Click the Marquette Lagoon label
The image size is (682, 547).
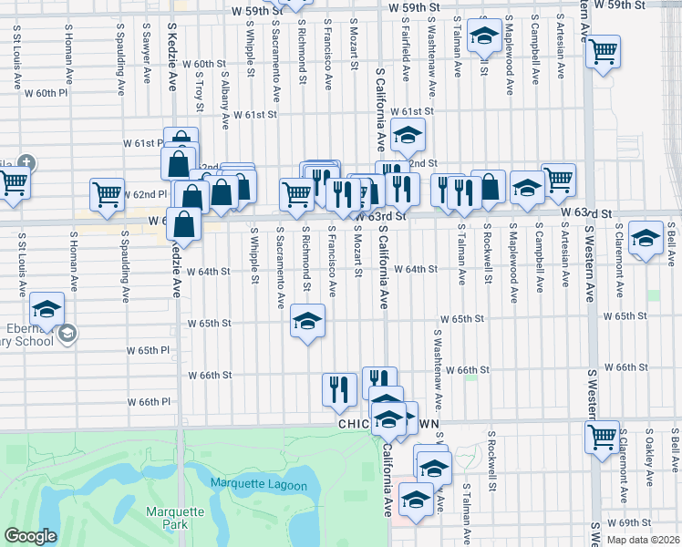(x=259, y=485)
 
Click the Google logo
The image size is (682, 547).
(x=29, y=536)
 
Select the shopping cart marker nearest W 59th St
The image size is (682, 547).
(x=603, y=52)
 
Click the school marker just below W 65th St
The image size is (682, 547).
(x=308, y=322)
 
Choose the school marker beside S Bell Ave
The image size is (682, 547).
(x=646, y=239)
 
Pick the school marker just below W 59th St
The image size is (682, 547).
(x=482, y=37)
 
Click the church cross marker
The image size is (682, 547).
(x=26, y=164)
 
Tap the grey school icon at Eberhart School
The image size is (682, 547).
(x=67, y=335)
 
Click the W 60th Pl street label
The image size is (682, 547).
(x=46, y=93)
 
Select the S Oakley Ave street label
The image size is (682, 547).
(x=649, y=458)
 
